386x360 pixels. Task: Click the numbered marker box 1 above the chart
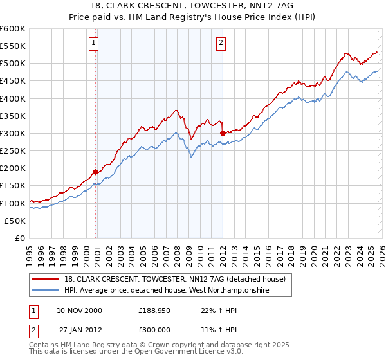pyautogui.click(x=94, y=43)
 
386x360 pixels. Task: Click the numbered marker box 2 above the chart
pyautogui.click(x=221, y=43)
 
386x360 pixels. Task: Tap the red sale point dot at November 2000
pyautogui.click(x=96, y=172)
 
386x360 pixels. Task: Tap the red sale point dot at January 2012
pyautogui.click(x=223, y=133)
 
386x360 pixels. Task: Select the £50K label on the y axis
pyautogui.click(x=15, y=221)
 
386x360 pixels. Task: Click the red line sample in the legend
pyautogui.click(x=46, y=279)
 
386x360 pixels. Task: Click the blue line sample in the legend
pyautogui.click(x=46, y=291)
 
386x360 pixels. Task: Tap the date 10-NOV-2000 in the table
pyautogui.click(x=79, y=310)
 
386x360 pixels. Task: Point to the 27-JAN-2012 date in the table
pyautogui.click(x=80, y=329)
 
